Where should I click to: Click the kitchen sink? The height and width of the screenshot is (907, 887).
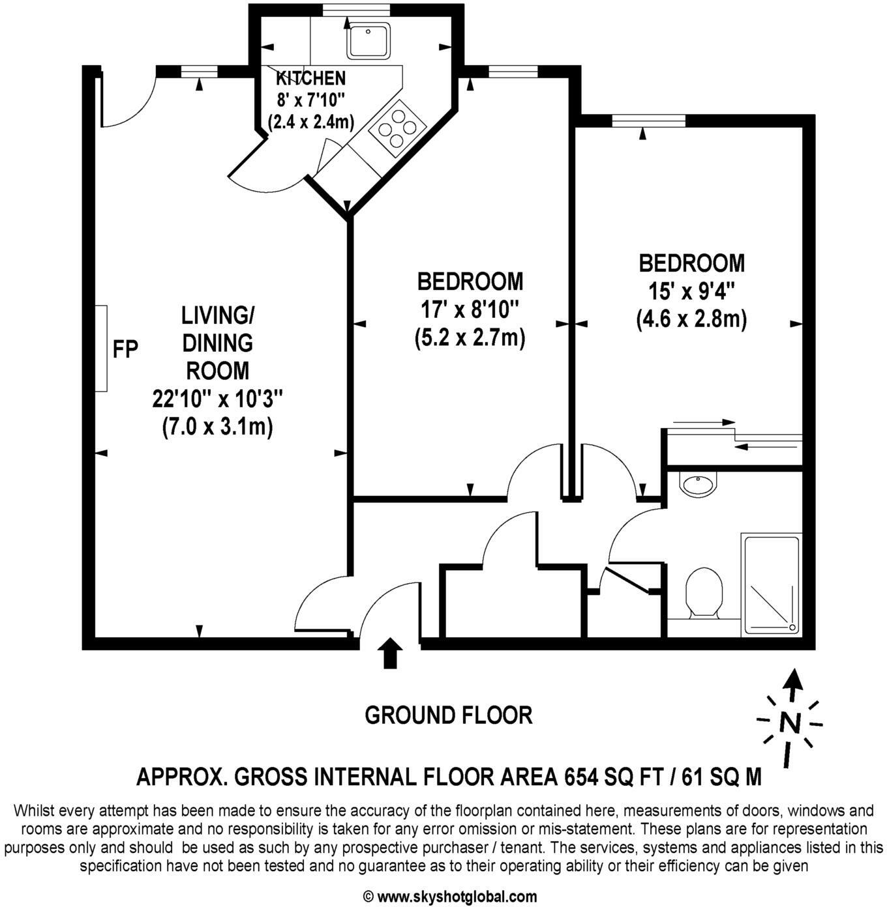[368, 40]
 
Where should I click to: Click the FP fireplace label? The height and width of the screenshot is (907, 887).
[125, 349]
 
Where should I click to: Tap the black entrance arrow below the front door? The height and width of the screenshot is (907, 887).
[390, 653]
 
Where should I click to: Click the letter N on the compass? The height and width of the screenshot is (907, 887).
[790, 723]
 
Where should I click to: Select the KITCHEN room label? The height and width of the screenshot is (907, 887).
[310, 79]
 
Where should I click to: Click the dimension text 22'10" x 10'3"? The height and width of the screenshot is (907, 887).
[217, 398]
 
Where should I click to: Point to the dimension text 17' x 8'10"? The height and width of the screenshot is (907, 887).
[470, 310]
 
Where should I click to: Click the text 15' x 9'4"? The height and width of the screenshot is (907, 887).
[691, 291]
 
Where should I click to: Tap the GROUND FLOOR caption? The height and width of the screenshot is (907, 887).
[448, 715]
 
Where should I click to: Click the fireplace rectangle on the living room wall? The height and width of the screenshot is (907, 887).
[101, 349]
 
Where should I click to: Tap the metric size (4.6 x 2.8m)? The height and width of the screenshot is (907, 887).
[691, 320]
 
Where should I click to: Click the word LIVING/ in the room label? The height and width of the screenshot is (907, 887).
[217, 315]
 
